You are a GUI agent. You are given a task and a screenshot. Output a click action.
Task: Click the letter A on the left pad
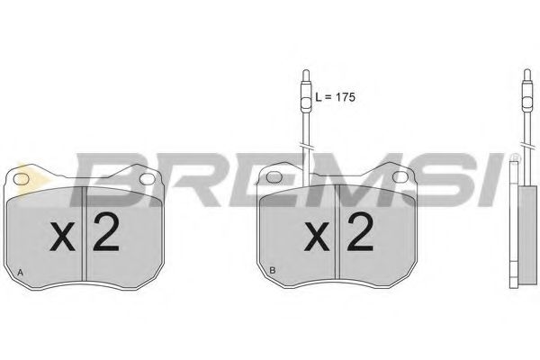coord(21,273)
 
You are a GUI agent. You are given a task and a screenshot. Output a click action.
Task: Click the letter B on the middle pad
coord(273,270)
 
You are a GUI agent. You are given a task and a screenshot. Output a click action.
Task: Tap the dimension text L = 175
coord(335,97)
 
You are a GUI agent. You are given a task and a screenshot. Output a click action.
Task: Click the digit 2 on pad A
coord(106,231)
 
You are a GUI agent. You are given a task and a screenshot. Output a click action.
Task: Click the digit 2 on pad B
coord(360,231)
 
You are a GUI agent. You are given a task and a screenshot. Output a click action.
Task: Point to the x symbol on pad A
coord(62,237)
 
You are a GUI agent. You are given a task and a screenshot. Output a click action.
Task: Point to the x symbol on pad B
coord(317,237)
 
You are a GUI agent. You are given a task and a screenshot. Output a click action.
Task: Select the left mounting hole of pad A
coord(21,178)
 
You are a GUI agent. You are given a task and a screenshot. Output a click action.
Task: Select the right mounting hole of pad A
coord(148,179)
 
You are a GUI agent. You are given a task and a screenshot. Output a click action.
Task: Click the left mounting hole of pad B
coord(274,177)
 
